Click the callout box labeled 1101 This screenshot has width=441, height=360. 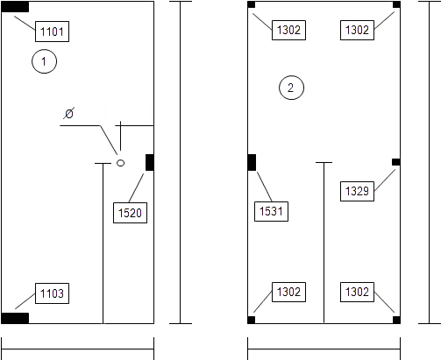coord(52,32)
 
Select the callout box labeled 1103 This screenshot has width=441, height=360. coord(52,293)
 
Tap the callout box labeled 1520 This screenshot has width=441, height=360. coord(130,213)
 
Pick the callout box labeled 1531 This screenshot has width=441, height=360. coord(271,211)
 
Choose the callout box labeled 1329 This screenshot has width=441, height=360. coord(357,191)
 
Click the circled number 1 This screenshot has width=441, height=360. coord(44,61)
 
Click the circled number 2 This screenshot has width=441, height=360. coord(291,88)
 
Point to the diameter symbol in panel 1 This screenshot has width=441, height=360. coord(69,113)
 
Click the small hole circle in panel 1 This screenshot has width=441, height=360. coord(120,163)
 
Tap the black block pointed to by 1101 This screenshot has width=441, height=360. coord(15,7)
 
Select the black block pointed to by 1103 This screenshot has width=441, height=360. coord(15,318)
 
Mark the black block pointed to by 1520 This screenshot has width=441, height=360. coord(150,163)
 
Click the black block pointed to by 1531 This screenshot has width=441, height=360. coord(252,163)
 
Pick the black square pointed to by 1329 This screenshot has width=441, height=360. coord(396,162)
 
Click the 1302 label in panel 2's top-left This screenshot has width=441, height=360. coord(288,30)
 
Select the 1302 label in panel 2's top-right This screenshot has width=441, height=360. coord(357,30)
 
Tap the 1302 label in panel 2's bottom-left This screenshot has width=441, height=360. coord(288,292)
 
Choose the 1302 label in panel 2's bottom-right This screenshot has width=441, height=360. coord(357,292)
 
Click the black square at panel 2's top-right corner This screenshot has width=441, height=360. coord(396,4)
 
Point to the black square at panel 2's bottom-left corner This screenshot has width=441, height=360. coord(252,320)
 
